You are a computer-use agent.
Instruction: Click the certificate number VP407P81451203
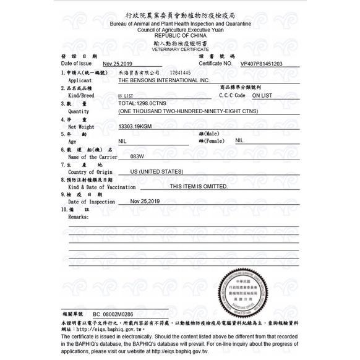pos(260,63)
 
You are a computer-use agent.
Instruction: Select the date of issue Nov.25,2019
pos(118,64)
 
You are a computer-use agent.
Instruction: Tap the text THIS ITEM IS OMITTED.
pos(198,186)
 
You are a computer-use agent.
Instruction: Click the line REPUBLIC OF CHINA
pos(180,35)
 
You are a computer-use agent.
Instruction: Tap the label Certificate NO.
pos(215,63)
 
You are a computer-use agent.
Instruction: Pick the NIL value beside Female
pos(239,140)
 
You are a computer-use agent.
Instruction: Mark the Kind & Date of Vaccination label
pos(101,187)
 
